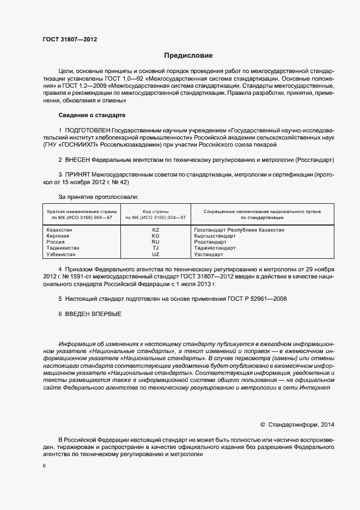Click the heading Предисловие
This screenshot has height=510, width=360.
pyautogui.click(x=188, y=56)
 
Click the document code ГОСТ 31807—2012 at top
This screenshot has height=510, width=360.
pyautogui.click(x=70, y=39)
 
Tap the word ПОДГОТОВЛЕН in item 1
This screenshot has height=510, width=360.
pyautogui.click(x=87, y=131)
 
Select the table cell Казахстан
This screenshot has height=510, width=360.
pyautogui.click(x=59, y=230)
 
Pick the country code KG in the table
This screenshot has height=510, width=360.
pyautogui.click(x=155, y=236)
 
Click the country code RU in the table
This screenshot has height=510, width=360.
pyautogui.click(x=155, y=242)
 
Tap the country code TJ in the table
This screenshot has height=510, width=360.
pyautogui.click(x=155, y=248)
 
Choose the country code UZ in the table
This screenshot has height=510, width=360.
pyautogui.click(x=155, y=254)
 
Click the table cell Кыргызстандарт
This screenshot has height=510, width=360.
pyautogui.click(x=215, y=236)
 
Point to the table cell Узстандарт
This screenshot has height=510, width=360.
pyautogui.click(x=209, y=254)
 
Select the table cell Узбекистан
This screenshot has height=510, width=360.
pyautogui.click(x=61, y=254)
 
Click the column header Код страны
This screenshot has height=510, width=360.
pyautogui.click(x=155, y=211)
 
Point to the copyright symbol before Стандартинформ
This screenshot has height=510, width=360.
pyautogui.click(x=263, y=424)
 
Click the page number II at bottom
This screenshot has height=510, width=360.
pyautogui.click(x=44, y=466)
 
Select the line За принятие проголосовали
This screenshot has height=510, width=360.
pyautogui.click(x=98, y=196)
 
